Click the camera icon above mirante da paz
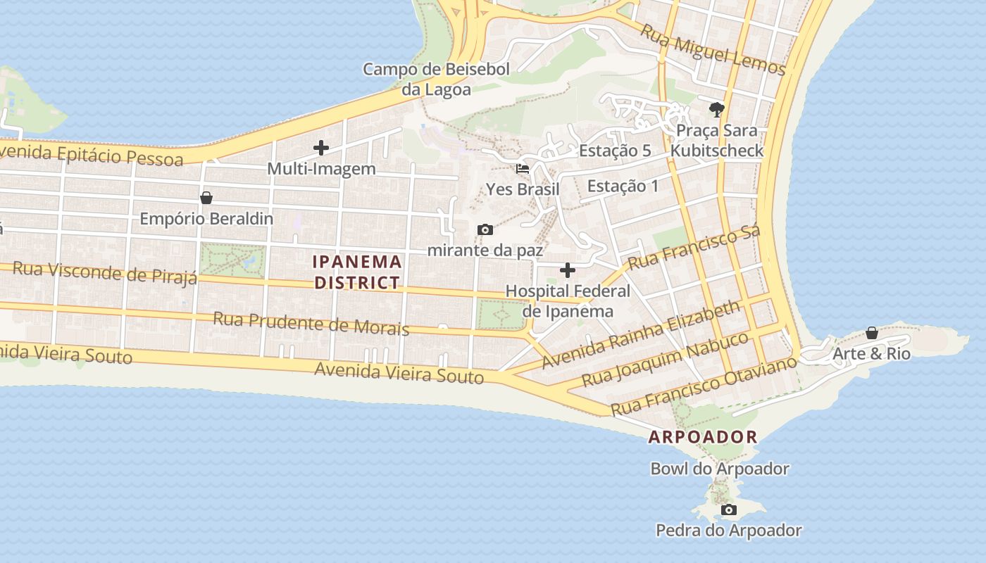(x=485, y=229)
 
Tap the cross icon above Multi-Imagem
(x=321, y=148)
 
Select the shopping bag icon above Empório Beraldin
(x=206, y=198)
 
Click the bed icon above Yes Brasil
(x=523, y=169)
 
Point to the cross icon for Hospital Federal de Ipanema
(x=567, y=270)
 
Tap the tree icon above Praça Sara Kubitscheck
(x=717, y=109)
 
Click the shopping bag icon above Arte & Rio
(x=871, y=333)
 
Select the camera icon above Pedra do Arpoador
(x=729, y=510)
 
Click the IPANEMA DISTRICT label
(x=357, y=272)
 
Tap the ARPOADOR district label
(x=702, y=436)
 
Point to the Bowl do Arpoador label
(x=719, y=469)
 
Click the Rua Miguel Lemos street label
(x=713, y=49)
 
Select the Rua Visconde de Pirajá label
(x=105, y=272)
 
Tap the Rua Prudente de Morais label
(x=311, y=324)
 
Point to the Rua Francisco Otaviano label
(x=704, y=386)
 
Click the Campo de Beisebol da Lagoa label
(x=436, y=79)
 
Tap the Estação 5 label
(x=615, y=151)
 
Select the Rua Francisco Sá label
(x=694, y=248)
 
